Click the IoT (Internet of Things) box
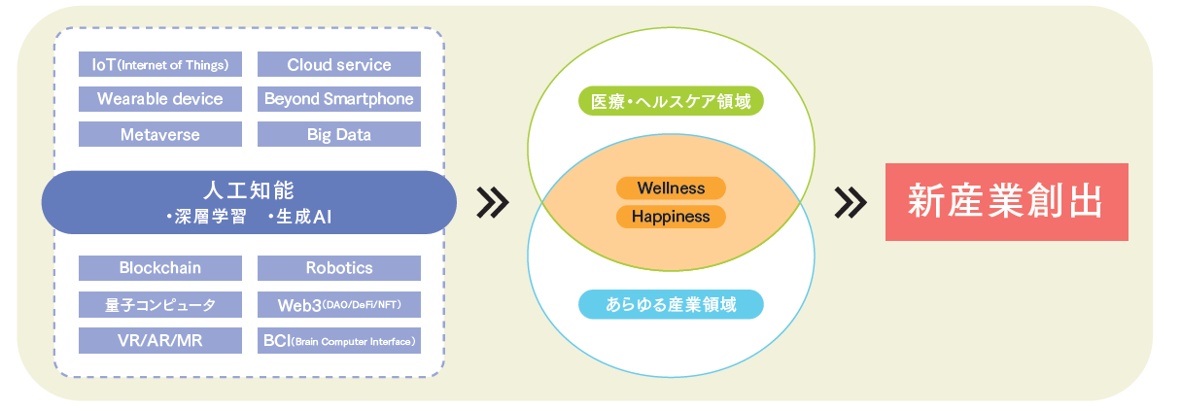[x=160, y=65]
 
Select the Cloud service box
[x=339, y=65]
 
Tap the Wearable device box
[x=160, y=99]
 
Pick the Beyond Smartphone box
[x=339, y=99]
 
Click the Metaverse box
[x=160, y=134]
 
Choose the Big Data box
[x=339, y=134]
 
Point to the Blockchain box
[x=160, y=267]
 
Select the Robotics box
[x=339, y=267]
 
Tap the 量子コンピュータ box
[x=160, y=304]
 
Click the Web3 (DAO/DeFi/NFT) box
[x=339, y=304]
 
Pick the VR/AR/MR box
[x=160, y=340]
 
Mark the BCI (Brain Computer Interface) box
[x=339, y=340]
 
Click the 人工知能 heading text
[x=250, y=188]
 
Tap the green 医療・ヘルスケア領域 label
[x=671, y=101]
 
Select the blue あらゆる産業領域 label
[x=671, y=304]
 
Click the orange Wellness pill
[x=671, y=188]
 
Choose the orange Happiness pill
[x=671, y=216]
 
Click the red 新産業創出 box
[x=1006, y=201]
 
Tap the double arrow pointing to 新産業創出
[x=851, y=201]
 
